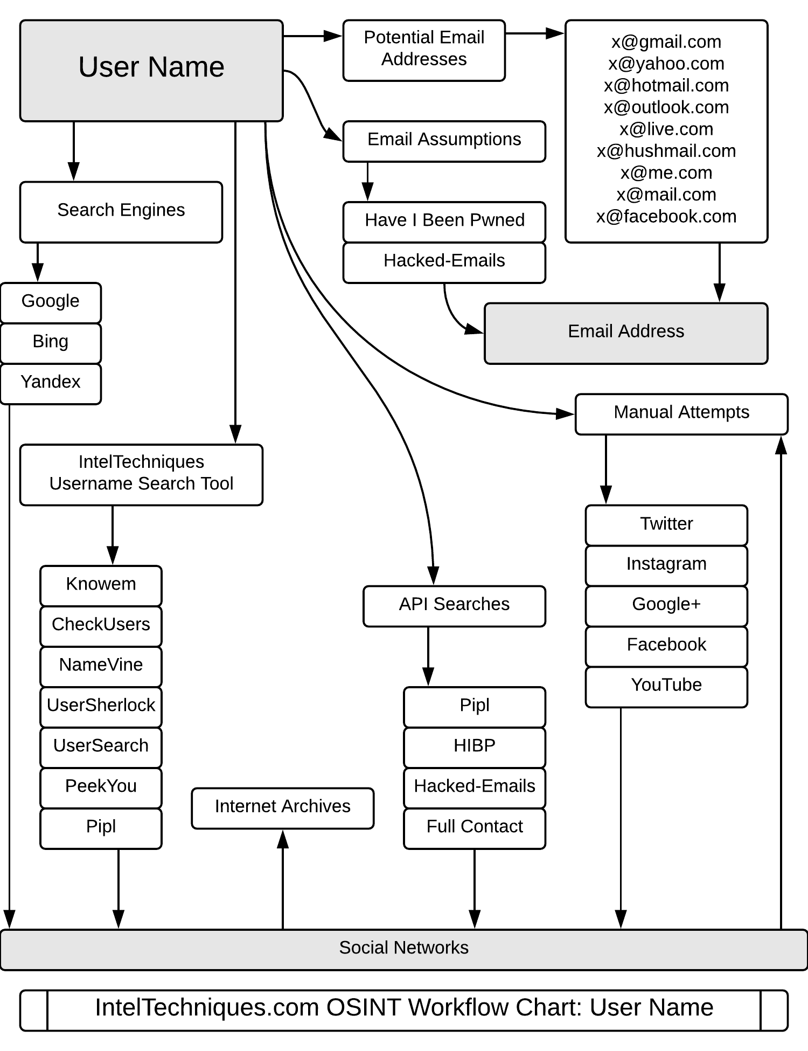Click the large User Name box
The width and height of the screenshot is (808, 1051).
point(151,71)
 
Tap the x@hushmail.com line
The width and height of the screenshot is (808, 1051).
point(666,151)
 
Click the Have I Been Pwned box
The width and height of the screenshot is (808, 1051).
point(444,221)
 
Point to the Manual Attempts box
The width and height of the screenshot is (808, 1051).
point(681,413)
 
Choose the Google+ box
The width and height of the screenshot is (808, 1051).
point(666,605)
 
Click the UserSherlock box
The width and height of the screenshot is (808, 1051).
point(101,706)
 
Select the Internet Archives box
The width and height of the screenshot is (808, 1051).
point(282,807)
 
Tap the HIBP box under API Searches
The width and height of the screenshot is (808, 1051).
point(475,746)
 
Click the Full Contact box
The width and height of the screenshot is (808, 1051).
point(475,827)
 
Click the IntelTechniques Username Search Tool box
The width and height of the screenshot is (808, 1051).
point(141,474)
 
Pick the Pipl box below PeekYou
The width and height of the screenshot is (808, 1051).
point(101,827)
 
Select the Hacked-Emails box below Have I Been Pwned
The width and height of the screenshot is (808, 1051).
point(444,262)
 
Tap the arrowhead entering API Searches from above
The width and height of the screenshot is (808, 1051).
point(434,576)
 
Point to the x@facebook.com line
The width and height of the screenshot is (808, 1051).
point(666,217)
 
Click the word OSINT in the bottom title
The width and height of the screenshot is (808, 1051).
point(363,1008)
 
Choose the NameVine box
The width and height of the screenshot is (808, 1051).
point(101,666)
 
